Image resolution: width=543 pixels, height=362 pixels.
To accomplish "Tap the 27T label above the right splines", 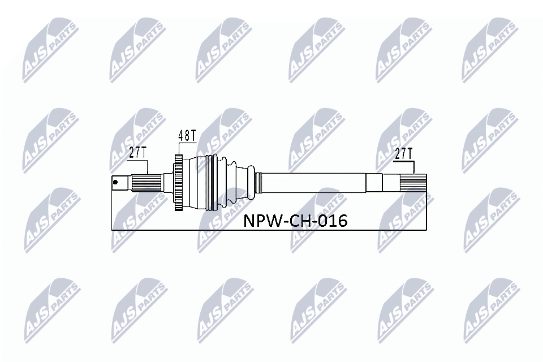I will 404,152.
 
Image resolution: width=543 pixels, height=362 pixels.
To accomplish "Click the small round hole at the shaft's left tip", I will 116,182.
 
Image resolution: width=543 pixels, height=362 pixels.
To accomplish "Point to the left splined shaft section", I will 146,183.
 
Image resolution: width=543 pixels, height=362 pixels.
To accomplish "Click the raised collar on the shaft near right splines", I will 374,183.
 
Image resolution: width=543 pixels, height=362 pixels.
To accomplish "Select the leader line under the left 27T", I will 148,167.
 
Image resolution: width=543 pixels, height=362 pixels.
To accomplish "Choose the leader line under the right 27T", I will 414,167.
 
